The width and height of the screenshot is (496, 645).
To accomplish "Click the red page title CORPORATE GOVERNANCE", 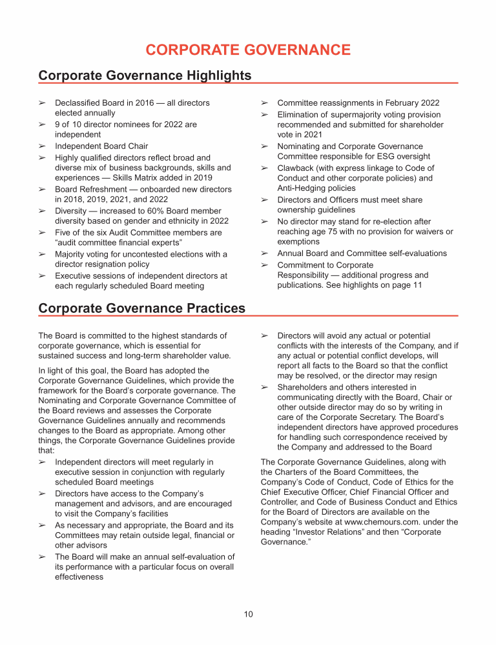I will click(x=248, y=50).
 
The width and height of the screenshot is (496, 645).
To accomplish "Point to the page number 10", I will click(x=249, y=614).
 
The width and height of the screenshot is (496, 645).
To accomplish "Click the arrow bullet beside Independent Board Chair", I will click(x=42, y=146).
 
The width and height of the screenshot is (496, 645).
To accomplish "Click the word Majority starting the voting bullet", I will click(x=72, y=254).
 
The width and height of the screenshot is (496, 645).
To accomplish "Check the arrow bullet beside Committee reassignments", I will click(x=264, y=103).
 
